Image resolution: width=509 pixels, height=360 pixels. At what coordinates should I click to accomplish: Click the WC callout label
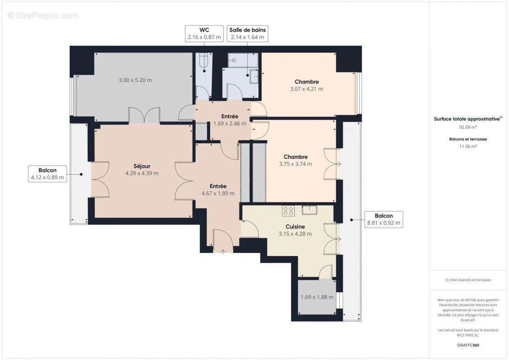[204, 34]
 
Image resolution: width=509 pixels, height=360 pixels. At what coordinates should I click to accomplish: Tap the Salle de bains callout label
[248, 34]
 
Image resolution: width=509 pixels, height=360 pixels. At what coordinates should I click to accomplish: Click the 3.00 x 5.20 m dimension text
[135, 80]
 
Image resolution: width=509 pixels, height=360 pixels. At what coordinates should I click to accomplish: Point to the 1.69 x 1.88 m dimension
[317, 297]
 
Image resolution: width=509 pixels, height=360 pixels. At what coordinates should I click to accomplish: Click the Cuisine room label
[295, 227]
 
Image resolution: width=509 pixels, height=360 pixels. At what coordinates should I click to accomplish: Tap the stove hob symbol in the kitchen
[288, 210]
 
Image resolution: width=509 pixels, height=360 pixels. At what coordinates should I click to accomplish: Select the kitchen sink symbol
[310, 209]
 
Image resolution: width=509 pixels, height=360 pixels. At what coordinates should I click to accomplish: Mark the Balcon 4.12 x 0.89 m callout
[47, 174]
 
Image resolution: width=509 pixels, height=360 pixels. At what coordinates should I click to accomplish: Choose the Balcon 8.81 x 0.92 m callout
[383, 219]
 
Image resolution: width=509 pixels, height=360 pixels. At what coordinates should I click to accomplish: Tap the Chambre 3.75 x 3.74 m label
[295, 160]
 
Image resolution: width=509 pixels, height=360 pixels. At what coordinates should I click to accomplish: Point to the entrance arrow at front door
[223, 251]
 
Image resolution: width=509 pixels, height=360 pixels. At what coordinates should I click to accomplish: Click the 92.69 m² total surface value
[468, 127]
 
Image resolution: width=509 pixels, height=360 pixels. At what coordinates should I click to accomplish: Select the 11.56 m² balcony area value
[468, 146]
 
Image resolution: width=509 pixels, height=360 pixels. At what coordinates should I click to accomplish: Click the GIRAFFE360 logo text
[468, 345]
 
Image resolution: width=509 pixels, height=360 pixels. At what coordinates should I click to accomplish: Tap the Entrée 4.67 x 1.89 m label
[218, 189]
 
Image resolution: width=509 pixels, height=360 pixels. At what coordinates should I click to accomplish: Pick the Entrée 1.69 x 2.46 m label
[230, 120]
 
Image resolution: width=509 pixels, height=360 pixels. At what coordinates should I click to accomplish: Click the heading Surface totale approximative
[467, 119]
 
